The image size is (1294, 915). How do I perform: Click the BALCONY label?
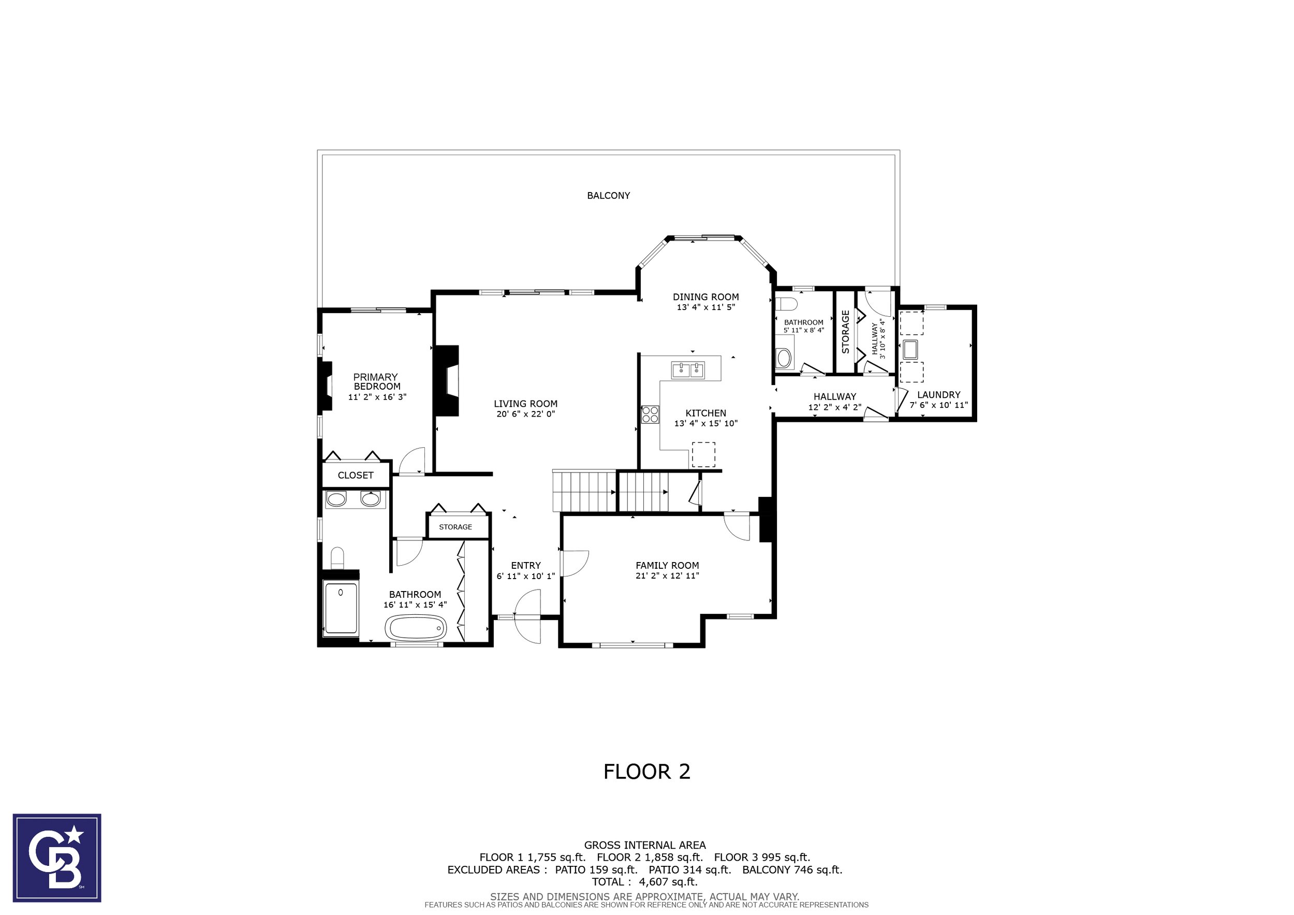point(608,196)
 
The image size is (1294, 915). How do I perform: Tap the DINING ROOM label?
point(705,297)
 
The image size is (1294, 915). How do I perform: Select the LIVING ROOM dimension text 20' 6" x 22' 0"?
point(525,414)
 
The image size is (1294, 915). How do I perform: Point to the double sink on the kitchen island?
point(688,370)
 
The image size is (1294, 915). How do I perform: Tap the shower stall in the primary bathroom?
point(341,609)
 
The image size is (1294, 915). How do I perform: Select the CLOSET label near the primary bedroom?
point(356,476)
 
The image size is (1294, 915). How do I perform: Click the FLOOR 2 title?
point(647,771)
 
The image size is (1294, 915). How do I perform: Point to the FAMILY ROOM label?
point(667,565)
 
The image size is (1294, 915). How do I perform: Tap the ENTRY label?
point(526,565)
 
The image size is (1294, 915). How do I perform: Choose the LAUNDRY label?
point(938,395)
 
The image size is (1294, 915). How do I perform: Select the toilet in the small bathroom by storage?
point(785,304)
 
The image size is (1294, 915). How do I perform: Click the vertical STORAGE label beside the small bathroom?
point(845,332)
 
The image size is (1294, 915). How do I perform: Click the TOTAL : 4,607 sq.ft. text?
point(645,882)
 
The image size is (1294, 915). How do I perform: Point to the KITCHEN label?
point(705,413)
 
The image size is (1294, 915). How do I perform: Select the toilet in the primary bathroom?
point(337,558)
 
